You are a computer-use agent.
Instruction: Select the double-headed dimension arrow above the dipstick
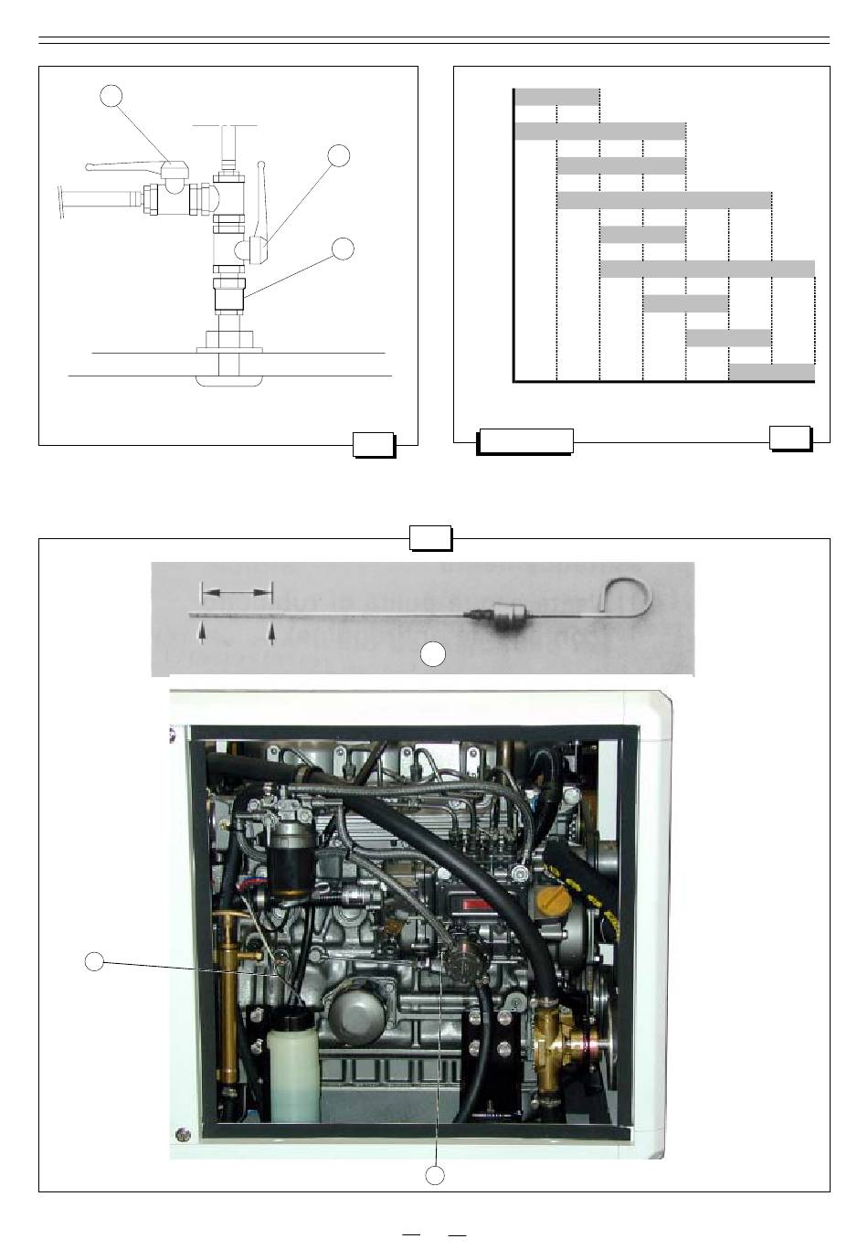(237, 594)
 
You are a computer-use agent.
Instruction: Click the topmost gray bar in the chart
(557, 97)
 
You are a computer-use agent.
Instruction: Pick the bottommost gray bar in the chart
(772, 372)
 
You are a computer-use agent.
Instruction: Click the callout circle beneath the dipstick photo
(433, 652)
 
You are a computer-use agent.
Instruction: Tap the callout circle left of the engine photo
(94, 960)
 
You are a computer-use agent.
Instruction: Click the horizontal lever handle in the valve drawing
(128, 165)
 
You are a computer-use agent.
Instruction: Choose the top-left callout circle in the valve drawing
(111, 96)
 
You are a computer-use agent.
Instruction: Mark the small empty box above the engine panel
(430, 537)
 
